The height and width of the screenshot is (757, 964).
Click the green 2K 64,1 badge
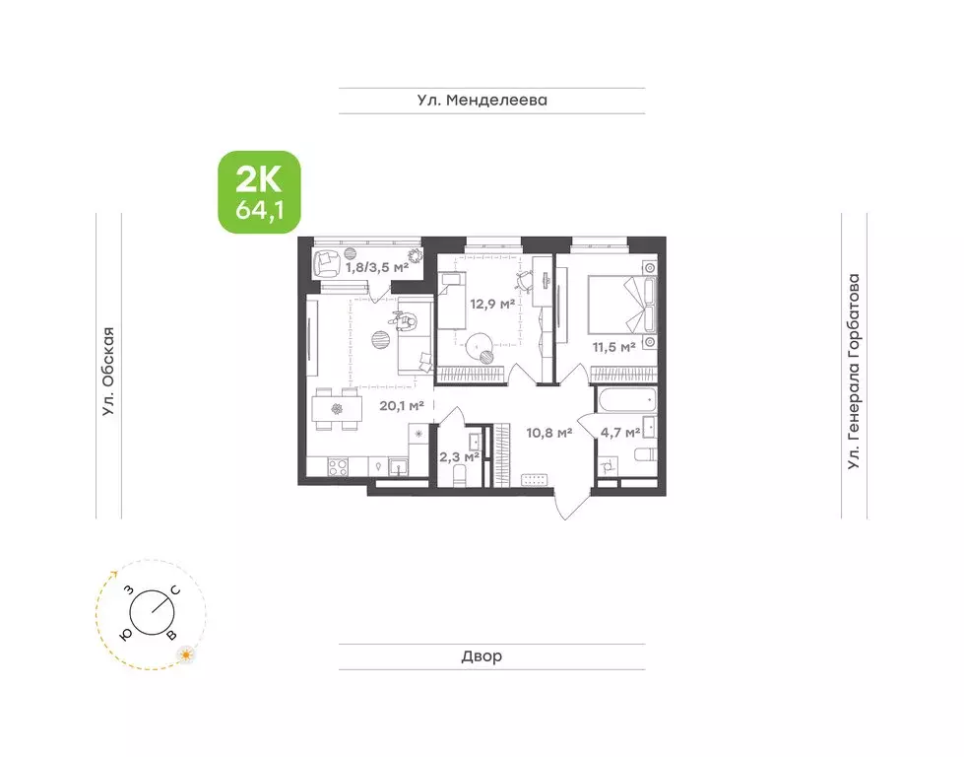258,192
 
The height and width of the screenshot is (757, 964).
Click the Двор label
482,656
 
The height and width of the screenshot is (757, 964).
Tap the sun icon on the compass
183,653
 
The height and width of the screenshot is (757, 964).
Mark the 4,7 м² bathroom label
620,431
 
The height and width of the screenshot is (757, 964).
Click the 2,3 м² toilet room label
458,456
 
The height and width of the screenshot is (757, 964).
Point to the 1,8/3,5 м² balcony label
375,267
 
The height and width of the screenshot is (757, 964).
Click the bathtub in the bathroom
626,402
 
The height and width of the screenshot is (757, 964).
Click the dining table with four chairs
336,411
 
